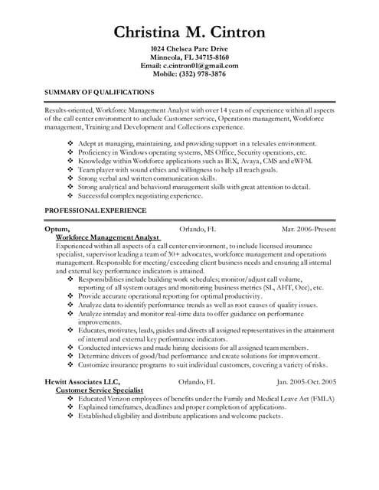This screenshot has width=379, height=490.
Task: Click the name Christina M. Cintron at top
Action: [x=189, y=31]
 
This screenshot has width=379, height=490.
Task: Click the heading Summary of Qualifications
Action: [x=100, y=92]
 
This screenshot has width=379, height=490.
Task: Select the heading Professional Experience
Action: [x=96, y=210]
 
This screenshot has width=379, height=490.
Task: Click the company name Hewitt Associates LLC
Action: [x=83, y=381]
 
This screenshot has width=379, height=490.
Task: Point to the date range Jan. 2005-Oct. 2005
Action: [x=306, y=381]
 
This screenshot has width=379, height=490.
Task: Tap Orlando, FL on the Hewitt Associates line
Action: [x=197, y=381]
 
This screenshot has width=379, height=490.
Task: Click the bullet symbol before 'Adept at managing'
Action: [x=71, y=144]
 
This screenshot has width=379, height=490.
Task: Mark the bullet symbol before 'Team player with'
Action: [x=71, y=169]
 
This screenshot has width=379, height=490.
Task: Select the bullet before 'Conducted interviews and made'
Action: [x=71, y=348]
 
